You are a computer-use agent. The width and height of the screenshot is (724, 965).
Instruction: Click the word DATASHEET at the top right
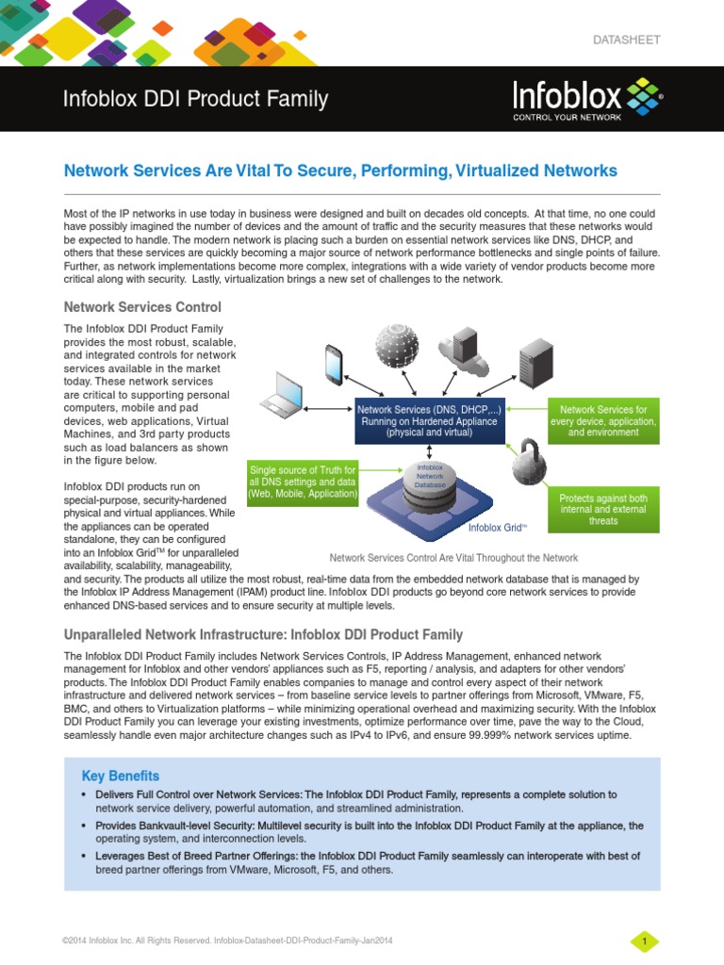(626, 41)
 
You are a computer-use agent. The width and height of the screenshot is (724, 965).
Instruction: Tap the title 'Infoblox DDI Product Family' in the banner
(195, 99)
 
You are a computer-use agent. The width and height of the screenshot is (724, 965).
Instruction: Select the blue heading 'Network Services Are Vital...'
(339, 171)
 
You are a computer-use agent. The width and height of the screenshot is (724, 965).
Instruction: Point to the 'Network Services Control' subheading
(142, 307)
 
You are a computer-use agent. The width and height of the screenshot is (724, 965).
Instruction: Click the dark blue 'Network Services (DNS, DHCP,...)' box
(429, 420)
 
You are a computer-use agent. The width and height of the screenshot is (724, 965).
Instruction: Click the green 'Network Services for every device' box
(603, 421)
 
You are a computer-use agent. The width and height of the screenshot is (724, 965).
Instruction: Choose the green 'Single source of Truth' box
(303, 482)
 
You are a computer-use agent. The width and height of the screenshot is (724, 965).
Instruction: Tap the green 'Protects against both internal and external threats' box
(603, 509)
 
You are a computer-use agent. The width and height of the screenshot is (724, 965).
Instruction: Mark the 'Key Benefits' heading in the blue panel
(121, 776)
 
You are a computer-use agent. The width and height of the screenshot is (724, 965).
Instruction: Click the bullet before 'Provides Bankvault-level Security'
(86, 826)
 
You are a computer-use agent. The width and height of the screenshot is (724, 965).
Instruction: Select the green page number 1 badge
(644, 941)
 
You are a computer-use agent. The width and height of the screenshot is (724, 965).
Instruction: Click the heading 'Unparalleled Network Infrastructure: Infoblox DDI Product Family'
(263, 634)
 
